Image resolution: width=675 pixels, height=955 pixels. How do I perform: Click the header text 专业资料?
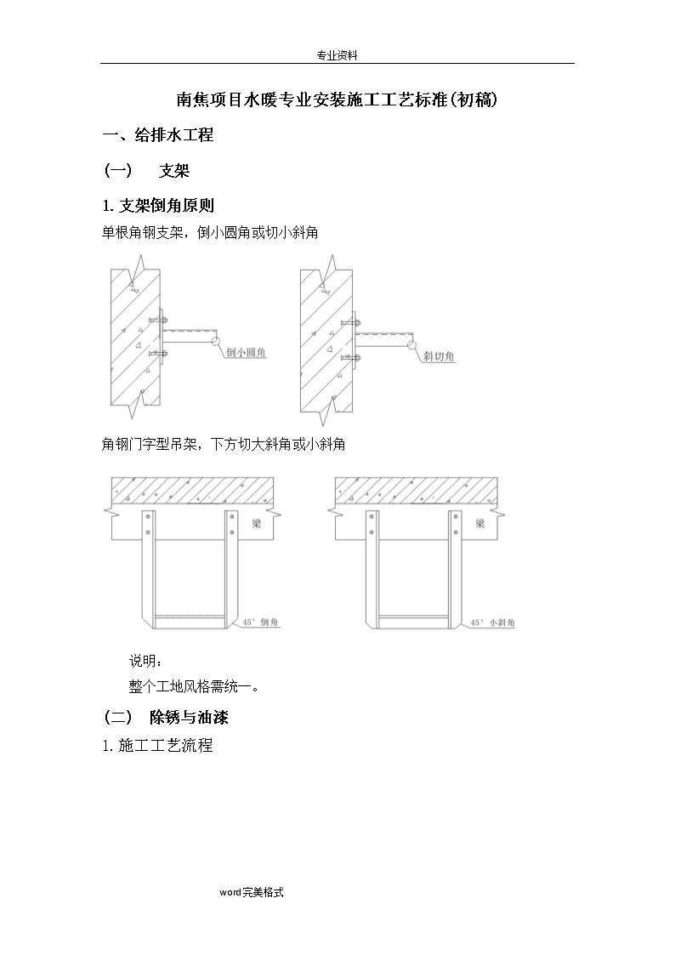pos(337,55)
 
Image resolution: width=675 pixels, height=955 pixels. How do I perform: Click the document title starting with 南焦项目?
pos(337,99)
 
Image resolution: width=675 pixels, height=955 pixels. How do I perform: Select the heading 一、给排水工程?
pos(157,134)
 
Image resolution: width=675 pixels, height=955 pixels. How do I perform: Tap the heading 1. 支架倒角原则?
pos(158,205)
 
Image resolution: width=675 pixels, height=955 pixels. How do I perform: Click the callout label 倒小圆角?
pos(246,351)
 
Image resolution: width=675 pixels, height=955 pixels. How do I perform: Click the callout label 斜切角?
pos(439,355)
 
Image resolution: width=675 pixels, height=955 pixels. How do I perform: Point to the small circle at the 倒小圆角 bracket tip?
pos(215,341)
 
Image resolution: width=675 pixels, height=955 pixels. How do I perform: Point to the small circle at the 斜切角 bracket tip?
pos(412,345)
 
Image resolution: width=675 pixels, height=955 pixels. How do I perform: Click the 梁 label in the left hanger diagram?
pos(256,522)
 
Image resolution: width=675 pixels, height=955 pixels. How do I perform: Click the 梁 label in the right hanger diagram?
pos(480,522)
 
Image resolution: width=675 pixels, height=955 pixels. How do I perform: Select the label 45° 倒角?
pos(260,622)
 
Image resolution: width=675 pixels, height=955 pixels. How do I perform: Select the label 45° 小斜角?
pos(492,622)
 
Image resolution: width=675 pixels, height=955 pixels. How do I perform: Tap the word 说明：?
pos(145,661)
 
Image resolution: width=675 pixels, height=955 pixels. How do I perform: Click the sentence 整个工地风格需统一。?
pos(195,686)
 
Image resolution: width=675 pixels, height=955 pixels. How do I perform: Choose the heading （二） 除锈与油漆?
pos(166,717)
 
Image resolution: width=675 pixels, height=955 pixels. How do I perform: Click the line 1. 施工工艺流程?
pos(157,745)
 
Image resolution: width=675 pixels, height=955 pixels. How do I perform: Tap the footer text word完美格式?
pos(252,892)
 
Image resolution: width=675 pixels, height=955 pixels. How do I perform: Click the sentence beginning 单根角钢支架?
pos(210,232)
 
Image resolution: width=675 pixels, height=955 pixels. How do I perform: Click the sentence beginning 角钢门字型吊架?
pos(224,444)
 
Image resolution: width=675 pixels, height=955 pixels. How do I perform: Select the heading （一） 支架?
pos(146,171)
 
